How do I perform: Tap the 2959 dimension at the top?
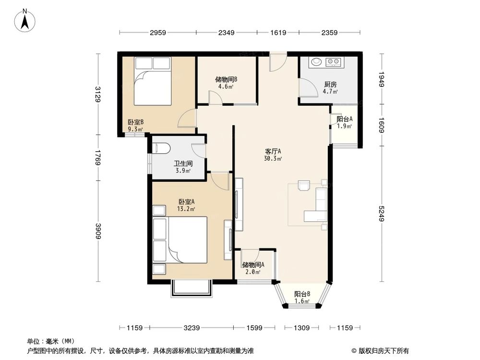[x=157, y=33]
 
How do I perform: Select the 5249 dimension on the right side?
[x=382, y=214]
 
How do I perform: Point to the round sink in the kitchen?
[x=316, y=62]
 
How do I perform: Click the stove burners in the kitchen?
[x=333, y=62]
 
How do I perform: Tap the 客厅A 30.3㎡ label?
[x=272, y=155]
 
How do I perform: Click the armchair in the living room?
[x=304, y=185]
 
